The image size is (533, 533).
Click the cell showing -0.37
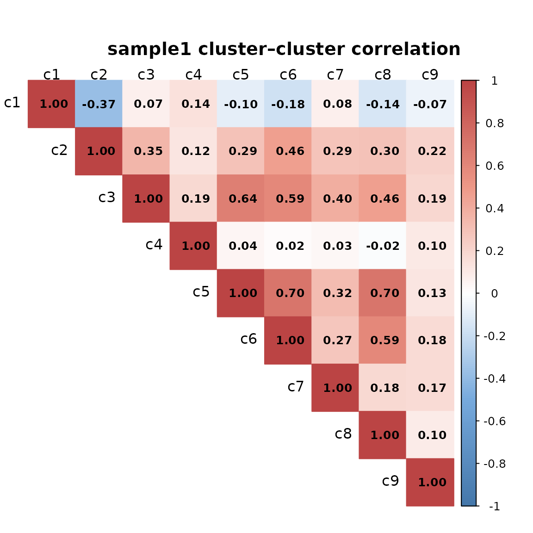tap(99, 104)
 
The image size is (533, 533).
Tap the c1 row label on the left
tap(12, 103)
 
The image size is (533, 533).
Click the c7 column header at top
tap(335, 74)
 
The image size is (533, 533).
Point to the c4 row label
tap(154, 244)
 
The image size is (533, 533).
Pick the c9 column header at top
tap(430, 74)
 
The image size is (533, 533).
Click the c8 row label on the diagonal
tap(343, 434)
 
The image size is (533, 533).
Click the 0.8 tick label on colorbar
tap(494, 124)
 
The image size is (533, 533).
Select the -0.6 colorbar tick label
tap(494, 421)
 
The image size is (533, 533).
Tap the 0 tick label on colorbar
tap(494, 293)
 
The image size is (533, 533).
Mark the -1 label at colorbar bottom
tap(494, 506)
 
